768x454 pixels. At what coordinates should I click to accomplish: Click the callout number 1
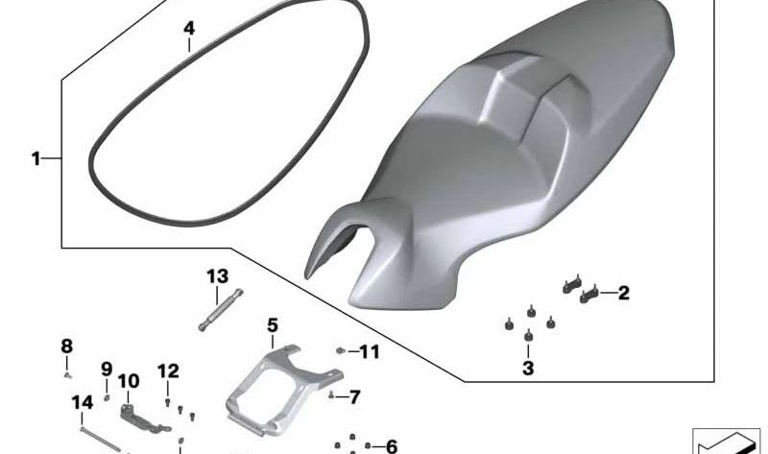tap(36, 158)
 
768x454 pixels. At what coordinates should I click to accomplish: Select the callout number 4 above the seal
tap(189, 29)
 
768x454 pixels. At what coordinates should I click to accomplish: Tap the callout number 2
tap(623, 293)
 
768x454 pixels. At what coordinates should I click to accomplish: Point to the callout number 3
tap(528, 368)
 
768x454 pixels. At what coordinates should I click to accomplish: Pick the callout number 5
tap(272, 325)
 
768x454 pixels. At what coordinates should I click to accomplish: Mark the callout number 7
tap(353, 395)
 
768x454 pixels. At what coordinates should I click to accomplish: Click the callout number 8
tap(66, 346)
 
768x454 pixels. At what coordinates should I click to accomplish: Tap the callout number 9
tap(107, 368)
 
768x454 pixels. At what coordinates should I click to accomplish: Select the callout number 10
tap(129, 380)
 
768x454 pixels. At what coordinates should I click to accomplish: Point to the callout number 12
tap(168, 370)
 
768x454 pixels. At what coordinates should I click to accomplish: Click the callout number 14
tap(82, 402)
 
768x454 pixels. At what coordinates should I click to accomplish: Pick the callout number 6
tap(390, 446)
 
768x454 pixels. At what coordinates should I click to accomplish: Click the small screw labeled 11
tap(341, 352)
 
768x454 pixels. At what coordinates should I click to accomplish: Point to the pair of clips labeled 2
tap(582, 286)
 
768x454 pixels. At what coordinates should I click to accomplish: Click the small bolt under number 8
tap(67, 373)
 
